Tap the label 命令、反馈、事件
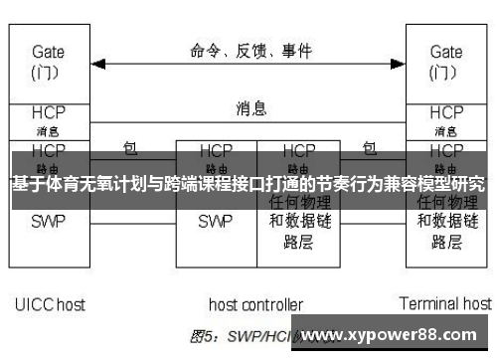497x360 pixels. coord(250,48)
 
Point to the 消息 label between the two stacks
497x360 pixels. coord(250,106)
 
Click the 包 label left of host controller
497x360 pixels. coord(129,148)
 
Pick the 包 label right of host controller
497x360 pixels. coord(370,148)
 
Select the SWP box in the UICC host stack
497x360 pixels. coord(48,221)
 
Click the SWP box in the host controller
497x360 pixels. coord(215,222)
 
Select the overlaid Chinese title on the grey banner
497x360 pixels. coord(248,184)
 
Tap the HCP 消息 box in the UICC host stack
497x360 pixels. coord(48,118)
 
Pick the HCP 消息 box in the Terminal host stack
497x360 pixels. coord(445,118)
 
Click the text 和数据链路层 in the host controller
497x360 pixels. coord(297,231)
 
